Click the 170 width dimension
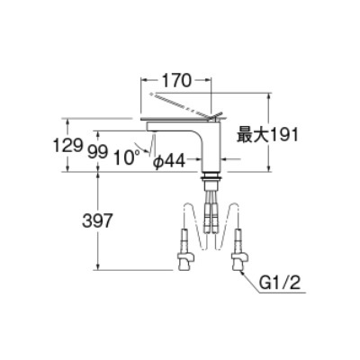pyautogui.click(x=176, y=80)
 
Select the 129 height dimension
pyautogui.click(x=67, y=145)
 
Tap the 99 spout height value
pyautogui.click(x=98, y=152)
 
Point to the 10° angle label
pyautogui.click(x=127, y=157)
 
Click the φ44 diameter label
pyautogui.click(x=169, y=162)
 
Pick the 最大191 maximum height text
pyautogui.click(x=267, y=135)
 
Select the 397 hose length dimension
pyautogui.click(x=97, y=221)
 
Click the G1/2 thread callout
pyautogui.click(x=280, y=283)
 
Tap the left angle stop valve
pyautogui.click(x=184, y=250)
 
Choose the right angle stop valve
pyautogui.click(x=239, y=250)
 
